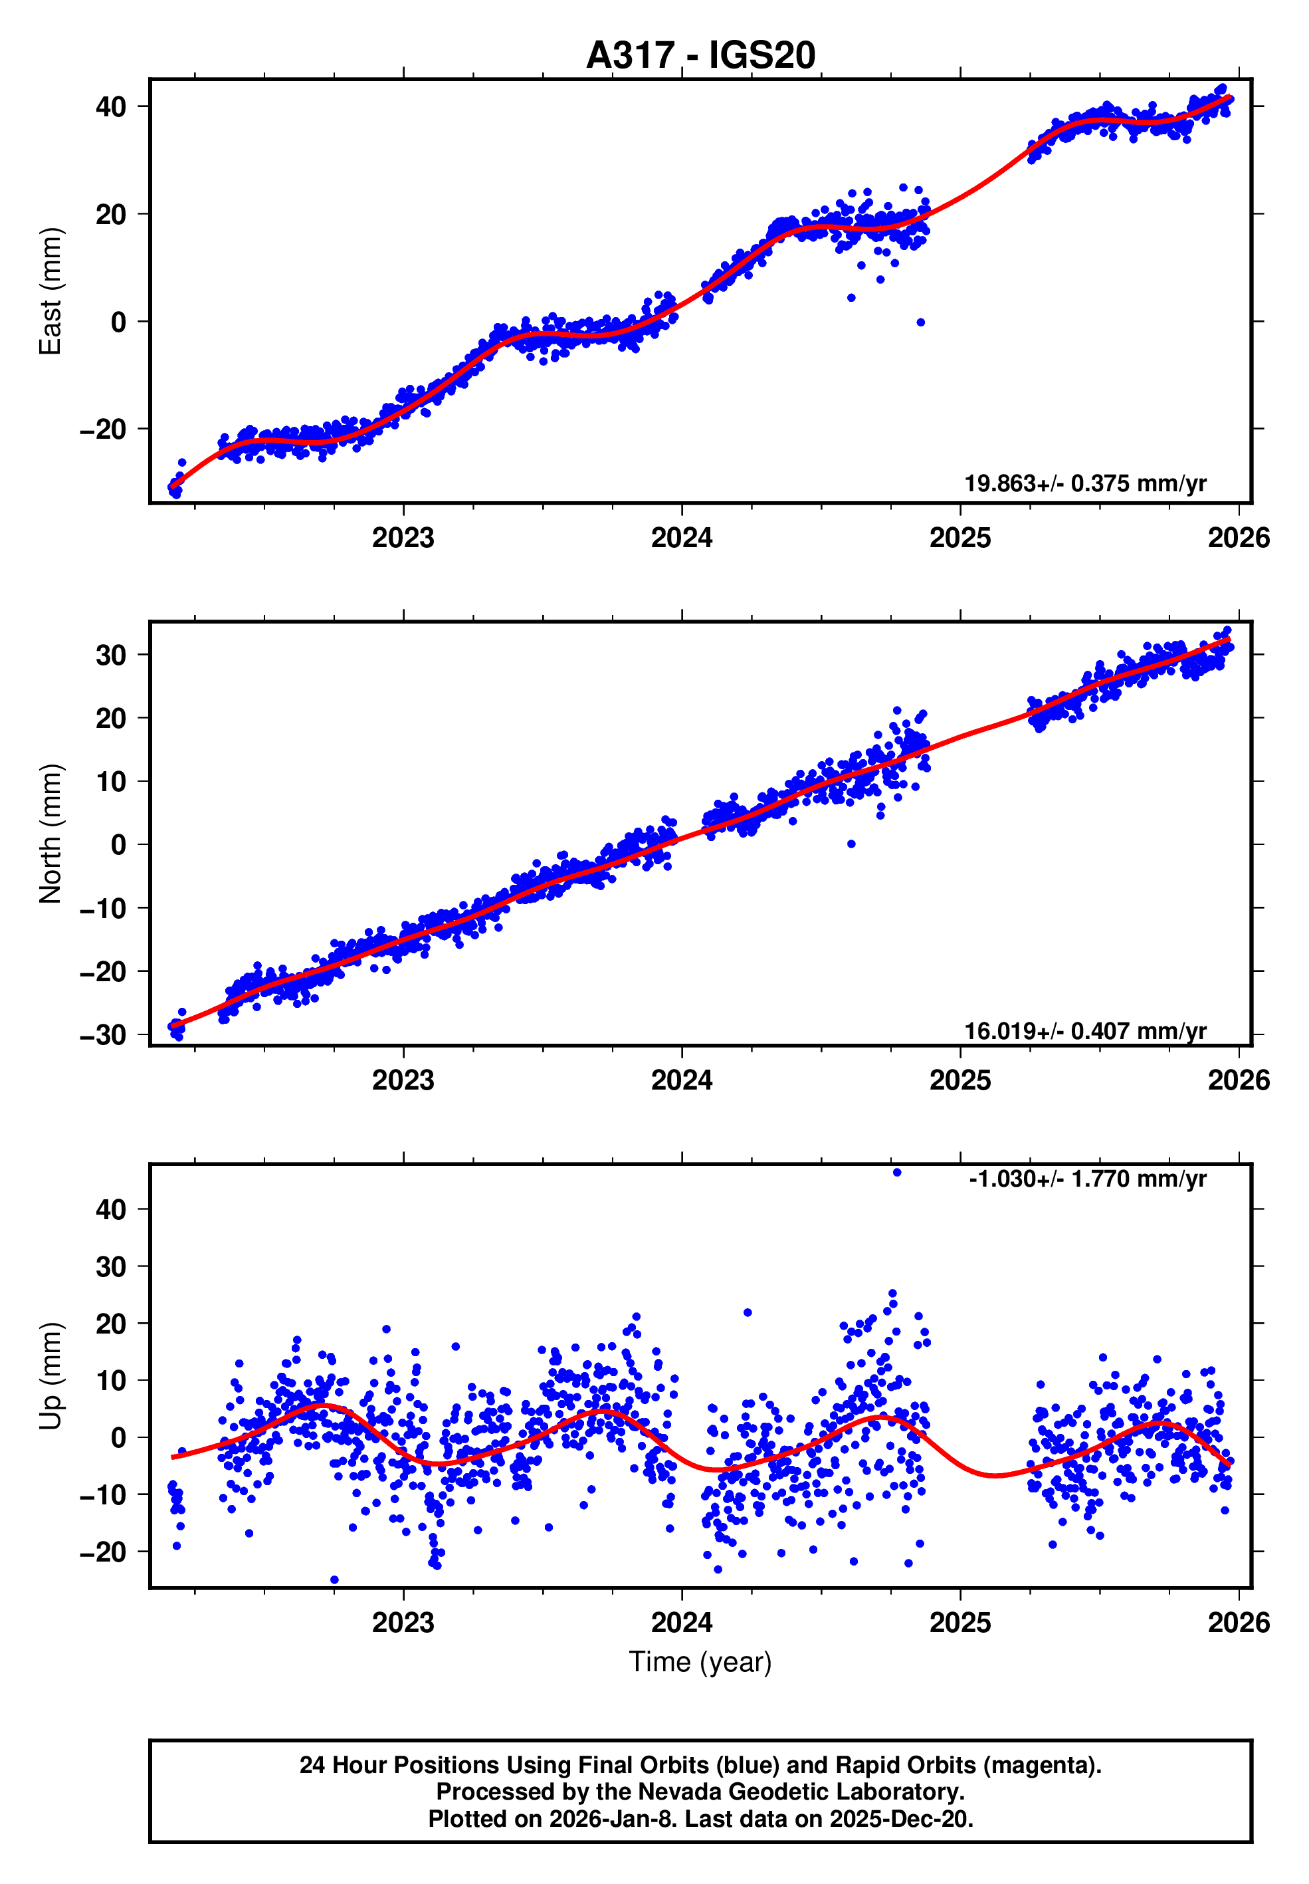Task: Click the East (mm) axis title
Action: tap(51, 291)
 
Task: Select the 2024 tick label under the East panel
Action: tap(682, 538)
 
